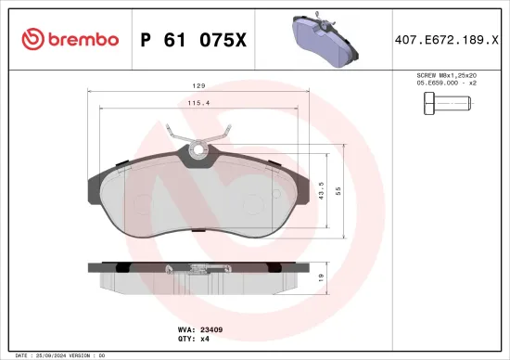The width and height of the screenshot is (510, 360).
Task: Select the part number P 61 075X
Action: (x=193, y=39)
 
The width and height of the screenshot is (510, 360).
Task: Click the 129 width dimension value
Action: (x=198, y=87)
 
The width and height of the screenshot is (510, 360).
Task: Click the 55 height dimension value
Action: (x=338, y=189)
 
